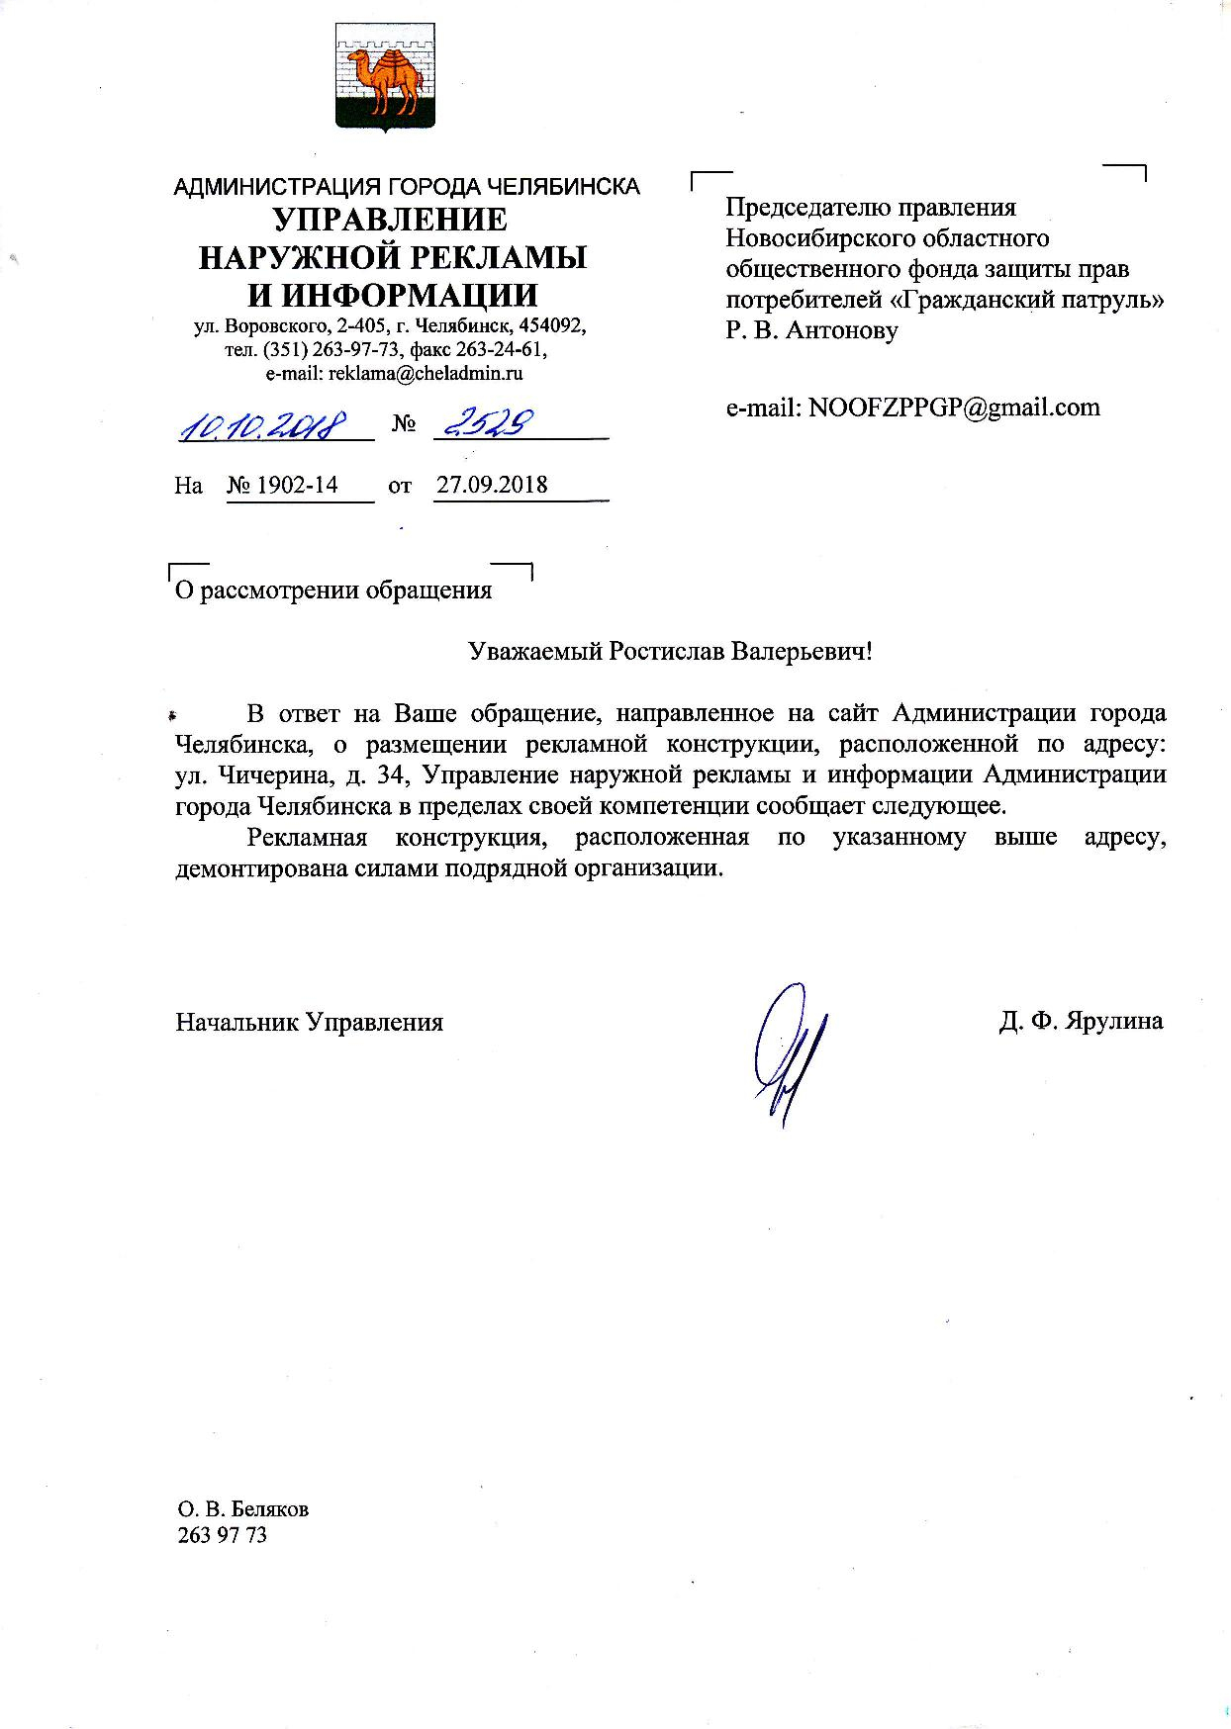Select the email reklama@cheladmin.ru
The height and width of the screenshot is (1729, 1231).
(394, 374)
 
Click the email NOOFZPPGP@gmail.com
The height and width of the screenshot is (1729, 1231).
(955, 407)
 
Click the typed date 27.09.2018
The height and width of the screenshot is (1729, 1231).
(492, 485)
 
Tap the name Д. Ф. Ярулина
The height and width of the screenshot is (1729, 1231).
(1081, 1022)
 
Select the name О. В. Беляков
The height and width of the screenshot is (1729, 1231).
(242, 1509)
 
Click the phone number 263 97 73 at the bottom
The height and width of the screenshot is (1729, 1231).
(222, 1535)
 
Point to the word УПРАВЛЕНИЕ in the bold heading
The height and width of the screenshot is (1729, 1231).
(390, 219)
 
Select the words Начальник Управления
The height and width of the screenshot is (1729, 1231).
(309, 1022)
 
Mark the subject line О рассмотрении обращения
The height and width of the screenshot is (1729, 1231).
(332, 591)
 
